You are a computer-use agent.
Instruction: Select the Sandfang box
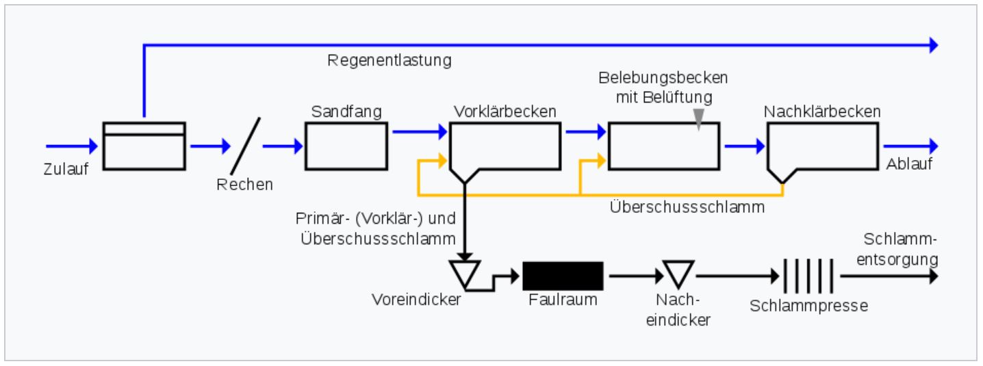pyautogui.click(x=346, y=146)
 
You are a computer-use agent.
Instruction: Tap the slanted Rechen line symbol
pyautogui.click(x=246, y=145)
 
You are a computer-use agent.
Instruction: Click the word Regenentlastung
pyautogui.click(x=390, y=60)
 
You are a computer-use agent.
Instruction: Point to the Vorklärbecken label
pyautogui.click(x=505, y=112)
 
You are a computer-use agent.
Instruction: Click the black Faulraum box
pyautogui.click(x=563, y=276)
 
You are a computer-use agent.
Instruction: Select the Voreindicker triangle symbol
pyautogui.click(x=466, y=272)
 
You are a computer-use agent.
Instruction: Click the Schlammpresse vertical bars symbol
pyautogui.click(x=809, y=276)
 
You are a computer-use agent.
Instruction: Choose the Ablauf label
pyautogui.click(x=909, y=166)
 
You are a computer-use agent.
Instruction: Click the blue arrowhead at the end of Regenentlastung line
pyautogui.click(x=932, y=46)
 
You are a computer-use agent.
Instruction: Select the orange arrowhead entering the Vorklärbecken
pyautogui.click(x=443, y=161)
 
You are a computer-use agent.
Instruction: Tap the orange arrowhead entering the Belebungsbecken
pyautogui.click(x=601, y=161)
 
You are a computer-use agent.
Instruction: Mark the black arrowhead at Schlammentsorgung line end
pyautogui.click(x=932, y=276)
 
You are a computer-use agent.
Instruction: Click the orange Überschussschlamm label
pyautogui.click(x=687, y=207)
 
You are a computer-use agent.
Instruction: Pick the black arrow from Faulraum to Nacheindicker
pyautogui.click(x=633, y=276)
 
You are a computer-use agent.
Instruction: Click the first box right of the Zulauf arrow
pyautogui.click(x=144, y=146)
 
